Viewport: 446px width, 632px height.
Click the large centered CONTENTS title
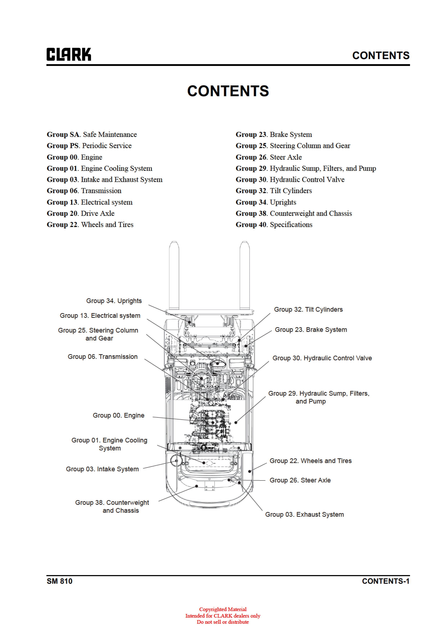[x=228, y=91]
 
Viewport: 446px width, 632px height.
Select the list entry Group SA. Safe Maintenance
[x=92, y=135]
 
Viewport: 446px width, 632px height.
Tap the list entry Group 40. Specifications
[x=274, y=225]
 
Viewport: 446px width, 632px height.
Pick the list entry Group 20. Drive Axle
[x=81, y=213]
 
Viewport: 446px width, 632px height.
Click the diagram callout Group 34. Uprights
[x=114, y=301]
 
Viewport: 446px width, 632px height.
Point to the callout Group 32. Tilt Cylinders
[x=308, y=309]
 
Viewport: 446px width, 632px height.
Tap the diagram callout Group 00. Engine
[x=119, y=415]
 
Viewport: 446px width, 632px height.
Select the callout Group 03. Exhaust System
[x=304, y=515]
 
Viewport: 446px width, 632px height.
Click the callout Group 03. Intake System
[x=102, y=469]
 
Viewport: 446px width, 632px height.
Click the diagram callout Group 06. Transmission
[x=103, y=357]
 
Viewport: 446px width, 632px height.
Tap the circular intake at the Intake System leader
[x=176, y=460]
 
